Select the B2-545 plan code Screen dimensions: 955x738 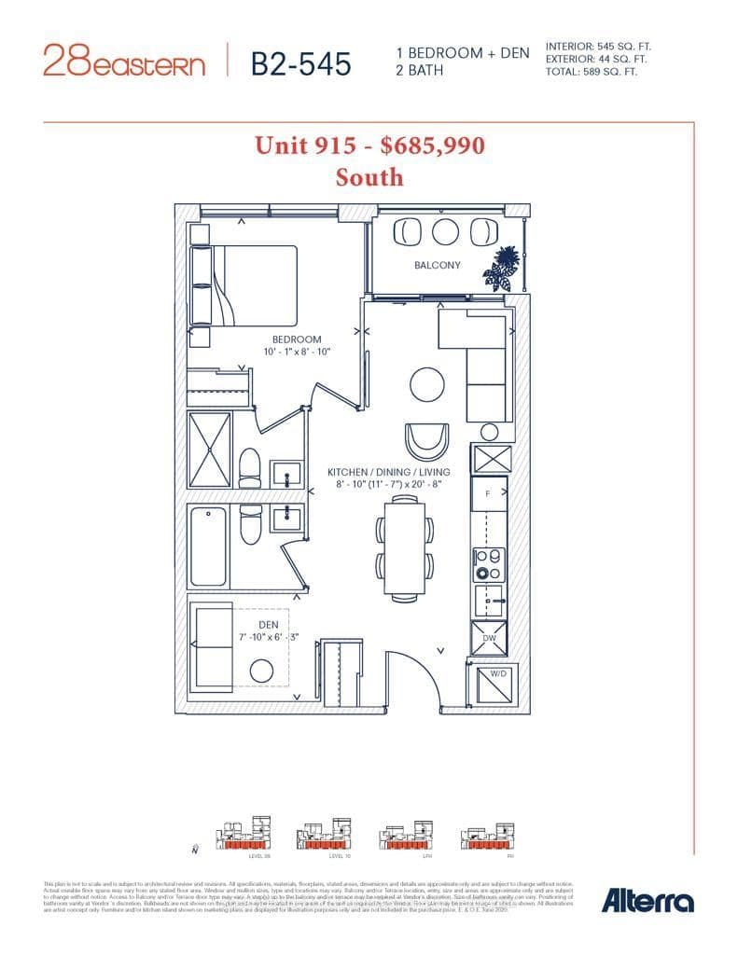301,62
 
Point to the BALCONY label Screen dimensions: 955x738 438,265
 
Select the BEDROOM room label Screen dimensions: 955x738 297,339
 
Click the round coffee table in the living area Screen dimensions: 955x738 426,383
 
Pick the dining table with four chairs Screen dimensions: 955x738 405,547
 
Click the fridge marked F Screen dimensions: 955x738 488,492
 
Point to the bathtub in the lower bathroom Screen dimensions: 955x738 208,546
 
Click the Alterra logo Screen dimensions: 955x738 647,901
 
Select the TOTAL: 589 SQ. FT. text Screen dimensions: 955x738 592,71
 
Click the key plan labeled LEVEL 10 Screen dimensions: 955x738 324,835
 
